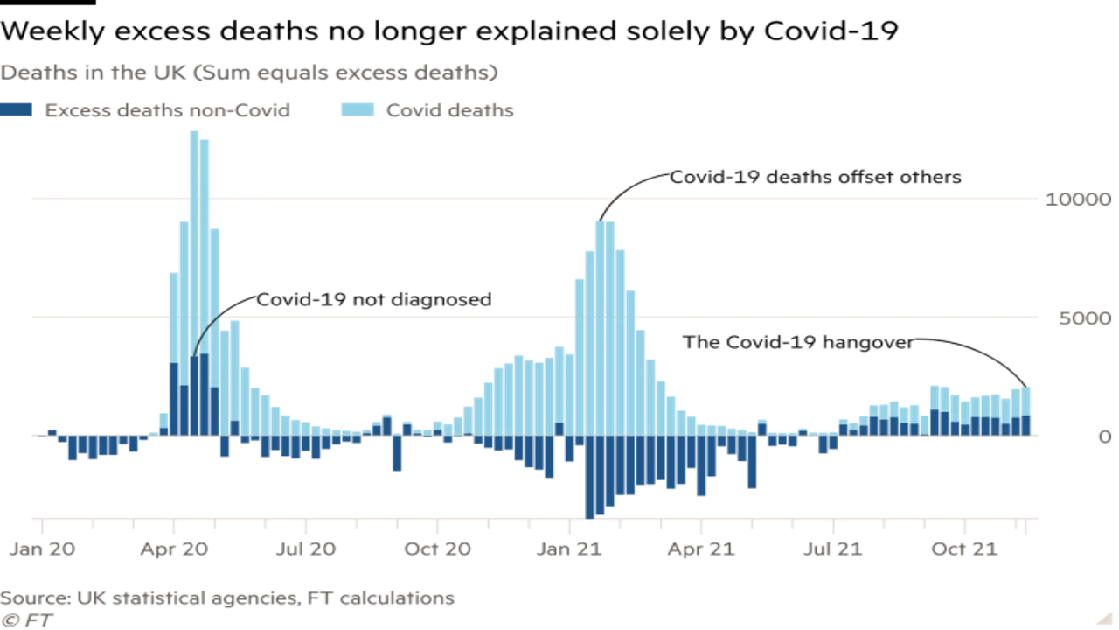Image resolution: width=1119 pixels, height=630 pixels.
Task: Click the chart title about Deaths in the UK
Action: pos(249,73)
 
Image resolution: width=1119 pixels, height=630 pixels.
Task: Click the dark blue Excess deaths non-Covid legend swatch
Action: pos(17,110)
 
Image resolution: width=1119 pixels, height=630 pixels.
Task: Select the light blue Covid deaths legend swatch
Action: pos(358,110)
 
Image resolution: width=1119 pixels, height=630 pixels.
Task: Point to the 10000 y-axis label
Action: pos(1078,199)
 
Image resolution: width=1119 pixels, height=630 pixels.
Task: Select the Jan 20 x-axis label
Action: pos(42,549)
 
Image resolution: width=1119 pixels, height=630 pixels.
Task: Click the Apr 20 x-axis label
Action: pos(175,549)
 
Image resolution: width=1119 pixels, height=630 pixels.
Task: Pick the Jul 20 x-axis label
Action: pos(306,549)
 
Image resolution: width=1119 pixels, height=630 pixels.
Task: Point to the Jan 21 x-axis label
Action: pos(570,549)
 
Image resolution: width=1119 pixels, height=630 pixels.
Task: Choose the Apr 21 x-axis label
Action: pos(702,549)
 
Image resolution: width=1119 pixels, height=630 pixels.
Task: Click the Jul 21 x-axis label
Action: pos(833,549)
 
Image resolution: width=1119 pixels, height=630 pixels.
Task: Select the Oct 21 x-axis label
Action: pos(965,549)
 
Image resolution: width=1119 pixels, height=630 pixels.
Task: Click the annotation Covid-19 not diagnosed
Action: pos(373,300)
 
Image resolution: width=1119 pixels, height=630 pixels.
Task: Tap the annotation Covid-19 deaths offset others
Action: pos(816,178)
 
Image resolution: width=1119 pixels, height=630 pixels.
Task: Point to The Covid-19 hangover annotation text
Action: pos(797,342)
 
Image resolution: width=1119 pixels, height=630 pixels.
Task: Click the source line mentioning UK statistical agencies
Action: pos(227,598)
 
